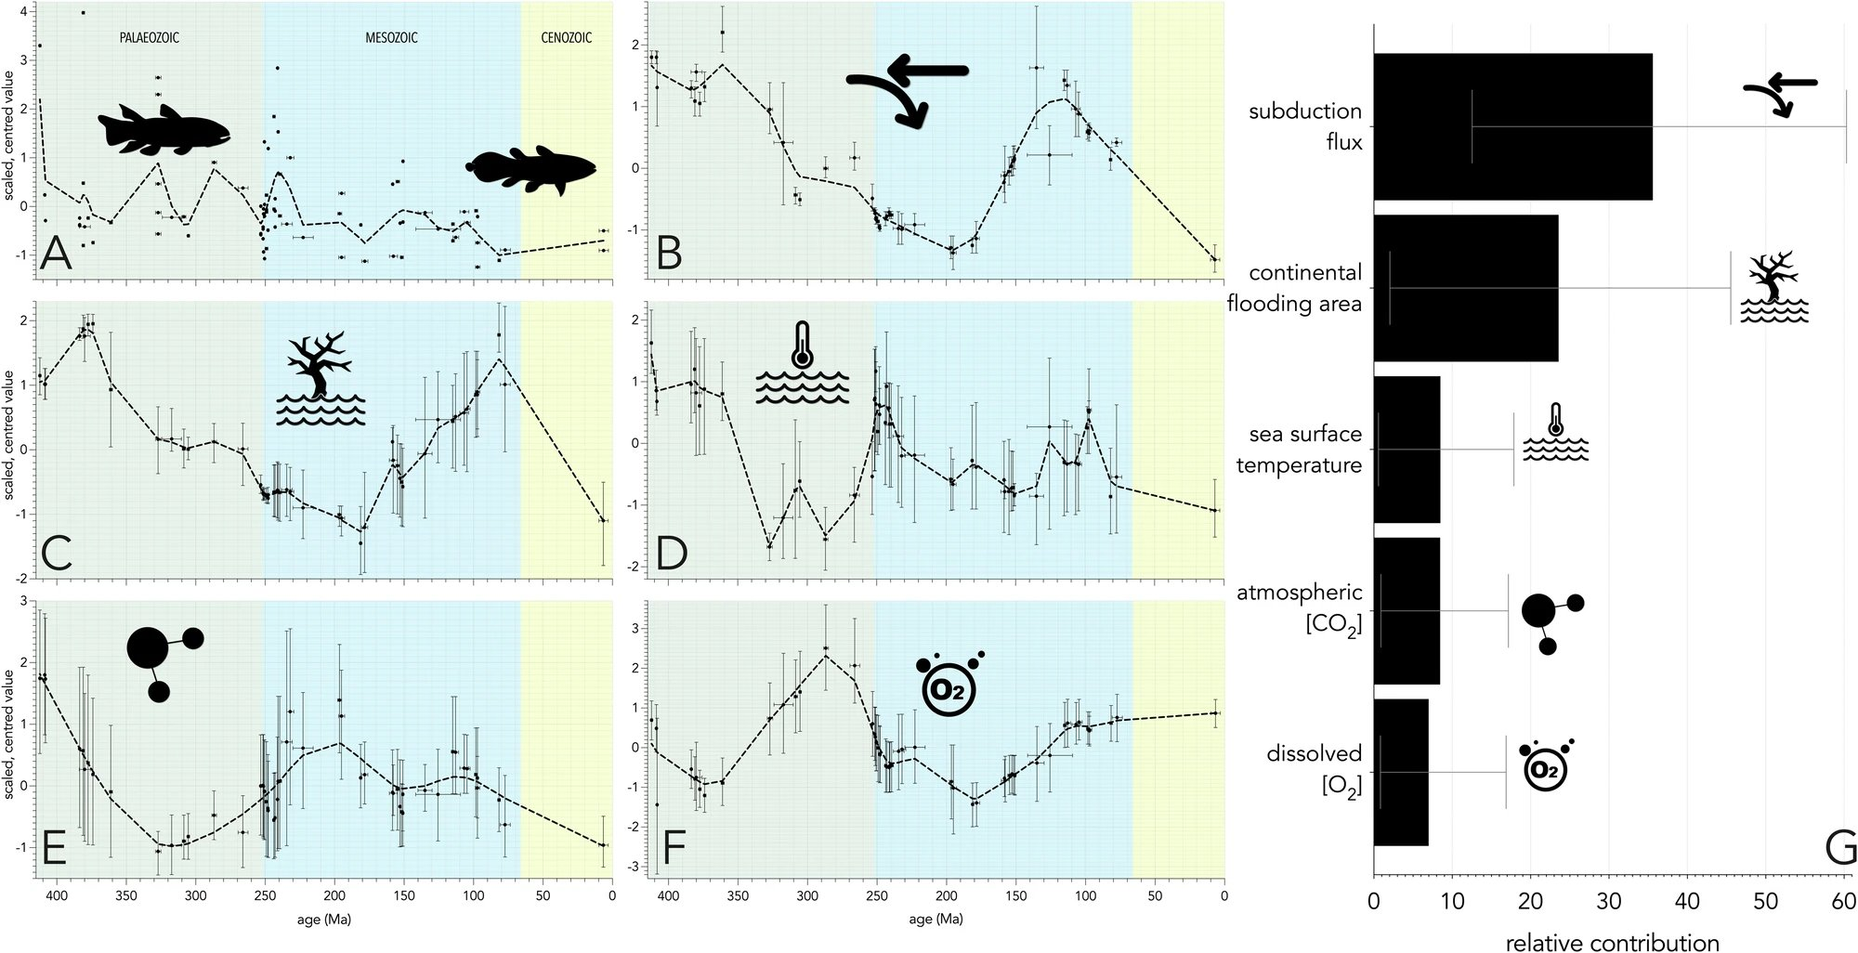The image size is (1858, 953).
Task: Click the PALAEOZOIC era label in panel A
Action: point(149,38)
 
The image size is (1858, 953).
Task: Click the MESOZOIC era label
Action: point(391,38)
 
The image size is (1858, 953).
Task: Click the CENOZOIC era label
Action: point(566,38)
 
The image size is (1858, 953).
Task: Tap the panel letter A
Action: point(56,253)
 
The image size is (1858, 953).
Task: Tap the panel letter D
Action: point(671,554)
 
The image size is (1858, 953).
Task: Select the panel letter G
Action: point(1839,847)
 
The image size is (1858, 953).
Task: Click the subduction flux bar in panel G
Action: point(1512,126)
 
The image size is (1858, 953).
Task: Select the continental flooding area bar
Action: point(1465,288)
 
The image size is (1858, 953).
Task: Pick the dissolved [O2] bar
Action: point(1401,772)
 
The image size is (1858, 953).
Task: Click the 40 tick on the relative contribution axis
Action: point(1687,901)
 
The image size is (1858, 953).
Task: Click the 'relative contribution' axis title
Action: point(1612,942)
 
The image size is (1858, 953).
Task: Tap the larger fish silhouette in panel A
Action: point(164,129)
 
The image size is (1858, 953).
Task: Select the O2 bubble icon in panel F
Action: point(949,686)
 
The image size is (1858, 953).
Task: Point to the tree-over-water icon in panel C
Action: point(321,380)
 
